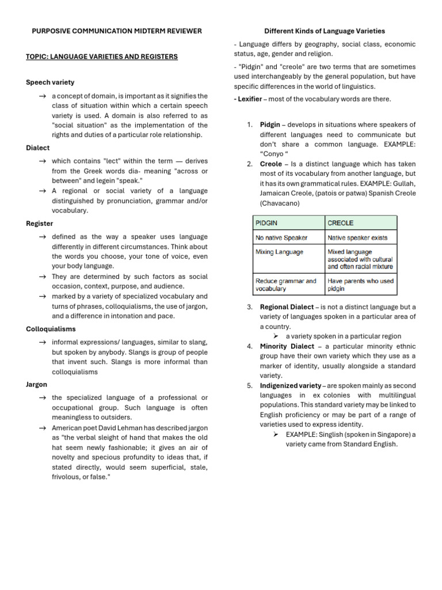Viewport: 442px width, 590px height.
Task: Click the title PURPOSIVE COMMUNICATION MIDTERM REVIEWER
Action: [x=117, y=31]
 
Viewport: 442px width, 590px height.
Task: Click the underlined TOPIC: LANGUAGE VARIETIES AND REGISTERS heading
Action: [x=102, y=57]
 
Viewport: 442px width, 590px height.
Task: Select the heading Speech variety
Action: [x=50, y=82]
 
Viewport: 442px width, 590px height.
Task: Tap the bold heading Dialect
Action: [x=38, y=148]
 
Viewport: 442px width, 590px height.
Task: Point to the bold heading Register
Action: [x=40, y=224]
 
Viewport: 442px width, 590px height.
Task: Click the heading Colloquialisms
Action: [x=51, y=329]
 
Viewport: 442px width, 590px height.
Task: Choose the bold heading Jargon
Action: [x=37, y=384]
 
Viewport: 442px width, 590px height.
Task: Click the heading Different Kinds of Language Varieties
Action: [x=325, y=31]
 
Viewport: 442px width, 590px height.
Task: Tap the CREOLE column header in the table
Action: [x=340, y=223]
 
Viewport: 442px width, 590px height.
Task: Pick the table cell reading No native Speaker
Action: [x=281, y=237]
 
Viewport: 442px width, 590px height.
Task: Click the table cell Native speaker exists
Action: [x=357, y=237]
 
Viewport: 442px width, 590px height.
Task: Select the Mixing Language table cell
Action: [x=279, y=252]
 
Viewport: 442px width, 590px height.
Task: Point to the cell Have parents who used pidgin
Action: [x=360, y=285]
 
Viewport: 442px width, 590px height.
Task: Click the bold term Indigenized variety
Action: [x=290, y=385]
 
